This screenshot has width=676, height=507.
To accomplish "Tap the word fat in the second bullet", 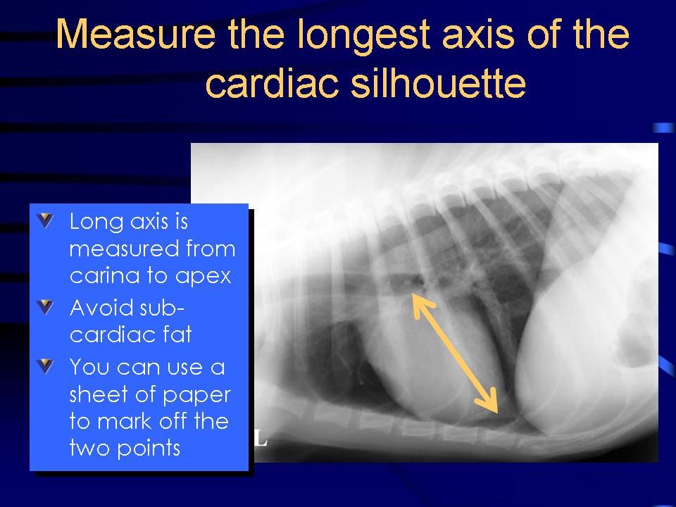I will tap(177, 334).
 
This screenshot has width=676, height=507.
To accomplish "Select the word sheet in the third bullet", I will tap(99, 394).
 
